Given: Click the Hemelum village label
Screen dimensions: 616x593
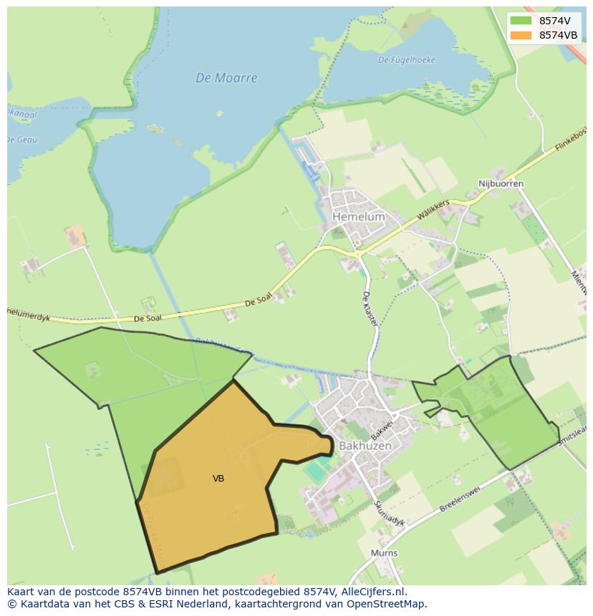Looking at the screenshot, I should [358, 216].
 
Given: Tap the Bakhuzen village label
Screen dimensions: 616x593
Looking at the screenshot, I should [365, 445].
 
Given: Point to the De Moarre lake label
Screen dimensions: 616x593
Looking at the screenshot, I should [226, 78].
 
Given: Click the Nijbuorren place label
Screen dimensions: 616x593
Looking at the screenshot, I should [501, 184].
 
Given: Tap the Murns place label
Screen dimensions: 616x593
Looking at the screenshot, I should [384, 553].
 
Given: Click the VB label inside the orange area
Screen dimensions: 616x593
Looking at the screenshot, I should [218, 478].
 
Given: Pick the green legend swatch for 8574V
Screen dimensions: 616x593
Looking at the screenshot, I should [521, 21].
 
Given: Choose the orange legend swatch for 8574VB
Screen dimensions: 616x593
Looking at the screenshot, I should [521, 35].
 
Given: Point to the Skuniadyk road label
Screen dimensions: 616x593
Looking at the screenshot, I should [389, 513].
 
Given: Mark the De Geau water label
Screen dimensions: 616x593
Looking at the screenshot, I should [21, 140].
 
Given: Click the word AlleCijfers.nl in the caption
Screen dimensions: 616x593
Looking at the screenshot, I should [372, 592].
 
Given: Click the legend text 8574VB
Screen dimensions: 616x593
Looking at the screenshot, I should [558, 35].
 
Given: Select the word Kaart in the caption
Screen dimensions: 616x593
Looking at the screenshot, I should [21, 592].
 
